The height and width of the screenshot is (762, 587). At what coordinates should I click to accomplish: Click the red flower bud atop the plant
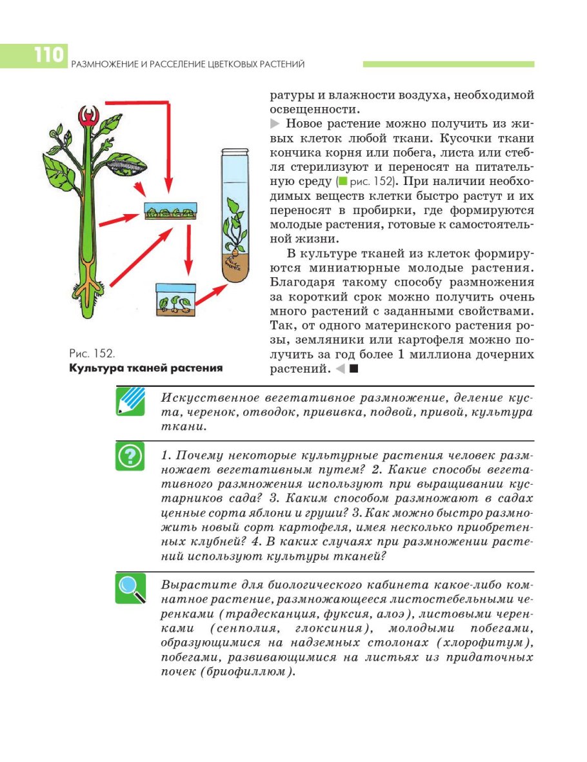88,117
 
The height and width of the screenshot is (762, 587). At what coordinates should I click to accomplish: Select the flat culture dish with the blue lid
170,212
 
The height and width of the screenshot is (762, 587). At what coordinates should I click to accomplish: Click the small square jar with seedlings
175,299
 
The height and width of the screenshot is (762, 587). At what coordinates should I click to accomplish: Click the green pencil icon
130,401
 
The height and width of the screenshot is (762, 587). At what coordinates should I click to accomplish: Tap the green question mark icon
130,456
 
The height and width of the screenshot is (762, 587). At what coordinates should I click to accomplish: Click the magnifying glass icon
130,588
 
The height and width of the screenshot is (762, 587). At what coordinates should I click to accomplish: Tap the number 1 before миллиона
401,355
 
